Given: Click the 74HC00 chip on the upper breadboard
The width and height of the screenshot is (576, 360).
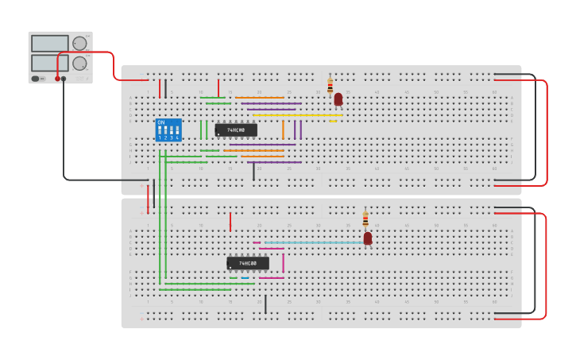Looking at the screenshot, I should pos(236,130).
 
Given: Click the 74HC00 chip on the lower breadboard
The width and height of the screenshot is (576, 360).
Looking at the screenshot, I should pos(248,263).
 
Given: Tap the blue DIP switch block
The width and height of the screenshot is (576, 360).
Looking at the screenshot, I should pos(168,130).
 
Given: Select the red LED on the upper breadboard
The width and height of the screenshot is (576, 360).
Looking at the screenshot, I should pos(338,99).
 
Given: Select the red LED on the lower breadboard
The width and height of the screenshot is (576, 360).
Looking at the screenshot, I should pos(368,238).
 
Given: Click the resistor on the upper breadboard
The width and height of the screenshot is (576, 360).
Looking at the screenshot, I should pos(331,87).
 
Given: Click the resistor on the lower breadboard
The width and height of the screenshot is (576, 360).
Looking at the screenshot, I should pos(365,219).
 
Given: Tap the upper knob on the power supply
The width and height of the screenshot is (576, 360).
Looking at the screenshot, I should pos(79,44).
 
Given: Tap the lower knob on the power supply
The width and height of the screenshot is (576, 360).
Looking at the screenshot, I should pos(79,63).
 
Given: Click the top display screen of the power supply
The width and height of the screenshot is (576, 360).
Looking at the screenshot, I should pos(49,44).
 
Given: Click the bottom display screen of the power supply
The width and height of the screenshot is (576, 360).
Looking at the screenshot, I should pos(49,63).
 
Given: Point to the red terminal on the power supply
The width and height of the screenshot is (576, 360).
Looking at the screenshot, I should pos(57,79).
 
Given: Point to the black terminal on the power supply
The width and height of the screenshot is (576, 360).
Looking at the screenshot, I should pos(64,79).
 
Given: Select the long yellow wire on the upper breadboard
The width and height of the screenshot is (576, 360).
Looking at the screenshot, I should pos(298,115).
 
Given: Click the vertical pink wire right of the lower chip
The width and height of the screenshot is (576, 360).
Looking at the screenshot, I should pos(283,263).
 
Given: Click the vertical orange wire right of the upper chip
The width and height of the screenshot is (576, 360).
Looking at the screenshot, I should pos(283,130).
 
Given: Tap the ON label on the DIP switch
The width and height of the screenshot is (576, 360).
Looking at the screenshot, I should pos(161,122).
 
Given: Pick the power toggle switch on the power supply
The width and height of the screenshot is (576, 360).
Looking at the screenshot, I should pos(37,79).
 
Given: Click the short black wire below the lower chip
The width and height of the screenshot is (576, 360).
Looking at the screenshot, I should pos(265,304).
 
